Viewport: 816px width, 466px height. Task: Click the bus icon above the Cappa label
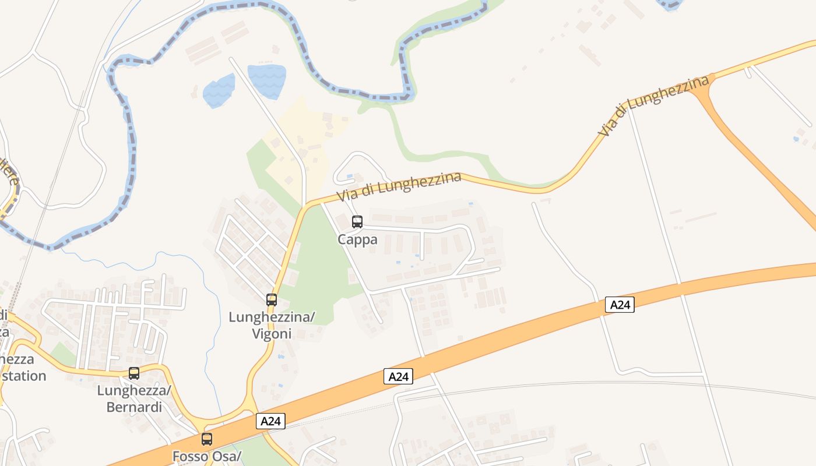tap(357, 222)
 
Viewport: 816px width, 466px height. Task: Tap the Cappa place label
tap(357, 239)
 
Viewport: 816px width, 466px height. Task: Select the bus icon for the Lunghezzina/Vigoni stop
tap(272, 300)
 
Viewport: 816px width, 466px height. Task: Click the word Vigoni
tap(272, 334)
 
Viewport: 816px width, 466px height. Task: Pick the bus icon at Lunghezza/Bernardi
tap(134, 373)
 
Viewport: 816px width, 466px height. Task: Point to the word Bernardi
tap(134, 407)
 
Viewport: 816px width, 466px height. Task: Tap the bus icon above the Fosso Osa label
tap(207, 439)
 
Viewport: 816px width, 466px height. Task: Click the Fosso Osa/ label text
tap(207, 456)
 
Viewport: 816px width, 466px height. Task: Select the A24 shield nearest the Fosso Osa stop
tap(270, 421)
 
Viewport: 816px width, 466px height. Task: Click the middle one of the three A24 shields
tap(399, 376)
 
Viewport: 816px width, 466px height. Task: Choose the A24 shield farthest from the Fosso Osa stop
tap(619, 305)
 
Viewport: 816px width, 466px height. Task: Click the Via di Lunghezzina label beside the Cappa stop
tap(399, 186)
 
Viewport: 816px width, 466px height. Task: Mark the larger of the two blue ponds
tap(267, 80)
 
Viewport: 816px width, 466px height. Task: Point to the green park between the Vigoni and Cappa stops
tap(318, 262)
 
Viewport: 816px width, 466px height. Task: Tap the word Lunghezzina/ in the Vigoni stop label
tap(272, 317)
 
